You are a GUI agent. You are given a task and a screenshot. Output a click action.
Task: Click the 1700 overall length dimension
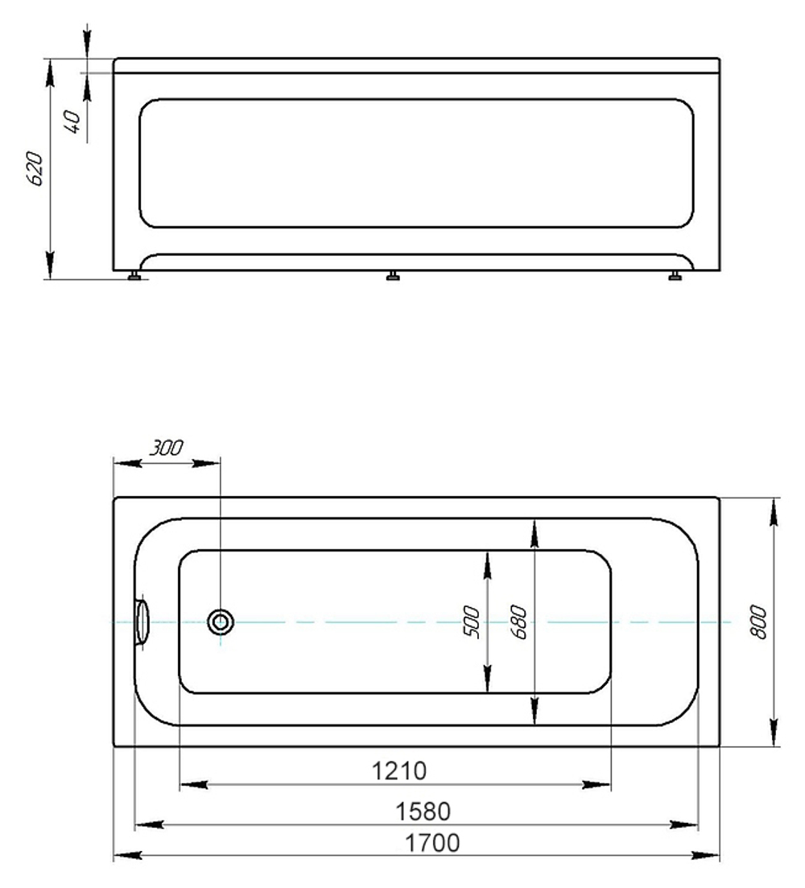coord(432,843)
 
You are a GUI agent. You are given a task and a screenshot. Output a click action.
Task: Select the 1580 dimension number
coord(423,812)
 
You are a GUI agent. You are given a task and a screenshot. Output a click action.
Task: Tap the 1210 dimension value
coord(399,770)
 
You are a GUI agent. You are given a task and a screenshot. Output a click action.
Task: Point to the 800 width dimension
coord(758,622)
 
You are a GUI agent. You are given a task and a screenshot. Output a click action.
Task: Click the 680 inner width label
coord(518,622)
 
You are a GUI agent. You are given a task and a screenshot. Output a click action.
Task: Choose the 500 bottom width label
coord(471,622)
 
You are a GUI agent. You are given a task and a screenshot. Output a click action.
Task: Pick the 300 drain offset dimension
coord(167,448)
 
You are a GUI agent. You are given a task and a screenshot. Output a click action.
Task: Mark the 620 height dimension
coord(35,168)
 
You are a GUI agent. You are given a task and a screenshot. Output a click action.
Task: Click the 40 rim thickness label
coord(73,122)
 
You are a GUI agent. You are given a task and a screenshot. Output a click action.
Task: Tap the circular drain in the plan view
coord(221,622)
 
